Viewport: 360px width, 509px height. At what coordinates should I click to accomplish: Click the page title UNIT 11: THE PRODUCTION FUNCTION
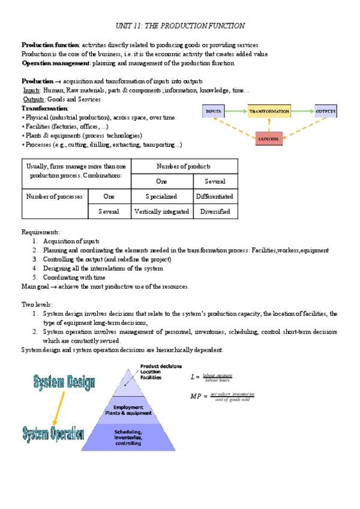pos(179,26)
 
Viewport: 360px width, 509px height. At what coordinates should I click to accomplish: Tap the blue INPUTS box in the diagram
pos(214,112)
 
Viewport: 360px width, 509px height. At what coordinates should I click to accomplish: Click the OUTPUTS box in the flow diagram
pos(325,112)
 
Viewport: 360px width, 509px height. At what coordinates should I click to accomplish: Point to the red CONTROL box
pos(269,139)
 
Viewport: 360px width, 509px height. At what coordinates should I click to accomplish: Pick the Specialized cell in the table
pos(161,196)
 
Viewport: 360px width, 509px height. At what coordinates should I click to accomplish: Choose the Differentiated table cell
pos(215,196)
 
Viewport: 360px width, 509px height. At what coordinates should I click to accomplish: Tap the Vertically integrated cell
pos(161,211)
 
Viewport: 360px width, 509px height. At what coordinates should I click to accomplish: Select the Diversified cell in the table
pos(215,211)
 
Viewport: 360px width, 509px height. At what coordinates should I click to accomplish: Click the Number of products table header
pos(184,166)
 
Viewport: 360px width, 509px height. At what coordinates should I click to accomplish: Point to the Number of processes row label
pos(55,196)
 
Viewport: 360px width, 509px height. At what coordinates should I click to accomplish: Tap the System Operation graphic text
pos(53,434)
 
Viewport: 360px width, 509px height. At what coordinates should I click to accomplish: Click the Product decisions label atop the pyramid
pos(161,366)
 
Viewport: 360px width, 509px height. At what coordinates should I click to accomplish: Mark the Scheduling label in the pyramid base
pos(128,432)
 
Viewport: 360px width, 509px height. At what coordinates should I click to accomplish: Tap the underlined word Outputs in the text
pos(33,99)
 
